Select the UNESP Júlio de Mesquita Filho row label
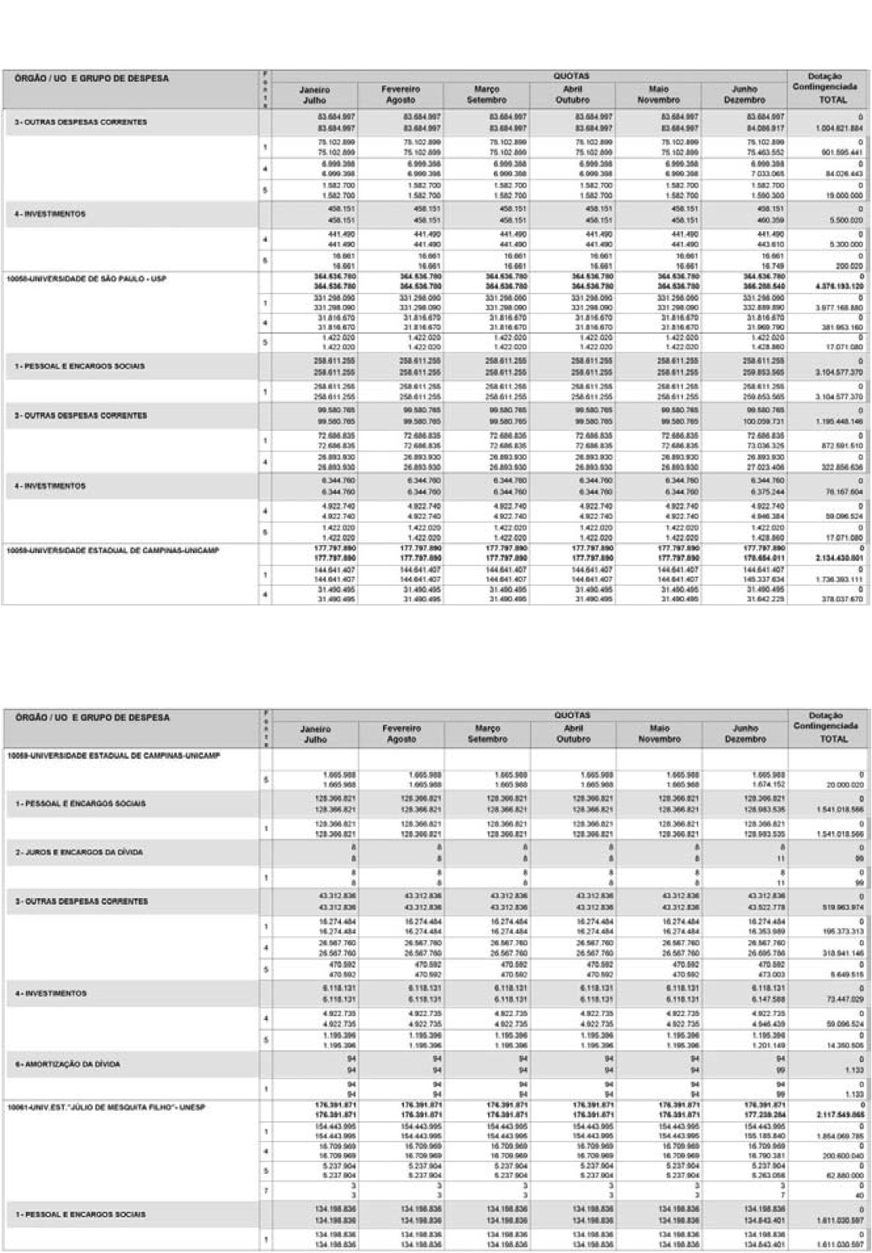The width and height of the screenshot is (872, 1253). (x=106, y=1107)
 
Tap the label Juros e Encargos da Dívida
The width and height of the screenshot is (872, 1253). (x=78, y=852)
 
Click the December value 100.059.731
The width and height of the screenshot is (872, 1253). (x=744, y=421)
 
